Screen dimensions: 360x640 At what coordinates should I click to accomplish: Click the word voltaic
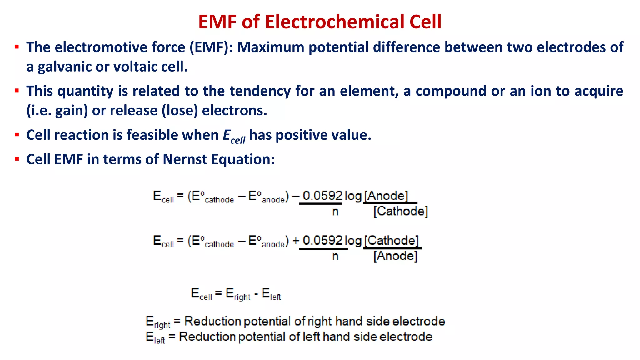click(135, 67)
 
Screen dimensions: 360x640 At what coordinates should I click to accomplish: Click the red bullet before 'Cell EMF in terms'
click(17, 159)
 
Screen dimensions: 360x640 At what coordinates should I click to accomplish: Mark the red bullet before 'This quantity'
click(17, 91)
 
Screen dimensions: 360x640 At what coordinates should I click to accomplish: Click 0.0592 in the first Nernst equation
click(322, 196)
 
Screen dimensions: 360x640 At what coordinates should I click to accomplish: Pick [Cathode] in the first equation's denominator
click(400, 212)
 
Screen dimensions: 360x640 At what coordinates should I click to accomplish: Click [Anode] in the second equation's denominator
click(395, 256)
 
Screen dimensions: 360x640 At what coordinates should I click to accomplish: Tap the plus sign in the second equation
click(295, 241)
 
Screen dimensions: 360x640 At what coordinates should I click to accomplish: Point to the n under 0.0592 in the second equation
click(335, 256)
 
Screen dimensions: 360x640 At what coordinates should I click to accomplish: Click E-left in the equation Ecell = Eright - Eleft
click(271, 294)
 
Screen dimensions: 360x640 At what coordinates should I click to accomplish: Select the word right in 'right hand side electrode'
click(319, 321)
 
